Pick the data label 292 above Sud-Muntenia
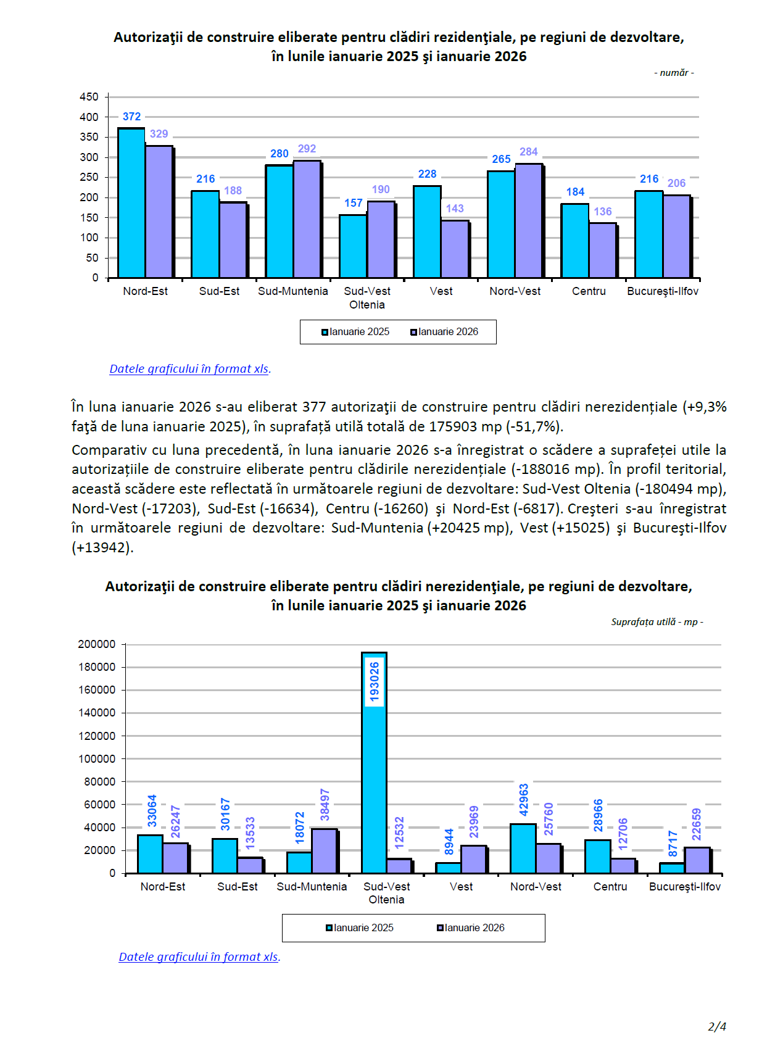click(x=307, y=149)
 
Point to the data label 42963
click(x=524, y=800)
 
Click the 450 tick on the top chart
click(x=89, y=97)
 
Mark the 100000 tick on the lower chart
click(x=97, y=759)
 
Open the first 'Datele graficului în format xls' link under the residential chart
click(x=189, y=369)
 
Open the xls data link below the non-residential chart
click(x=199, y=957)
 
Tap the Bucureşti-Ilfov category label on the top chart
click(x=663, y=291)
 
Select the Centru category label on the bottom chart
click(x=610, y=887)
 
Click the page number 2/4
click(x=717, y=1027)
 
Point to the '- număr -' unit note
click(x=674, y=73)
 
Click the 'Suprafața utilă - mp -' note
click(x=657, y=622)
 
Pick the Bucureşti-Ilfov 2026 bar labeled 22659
click(x=697, y=860)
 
